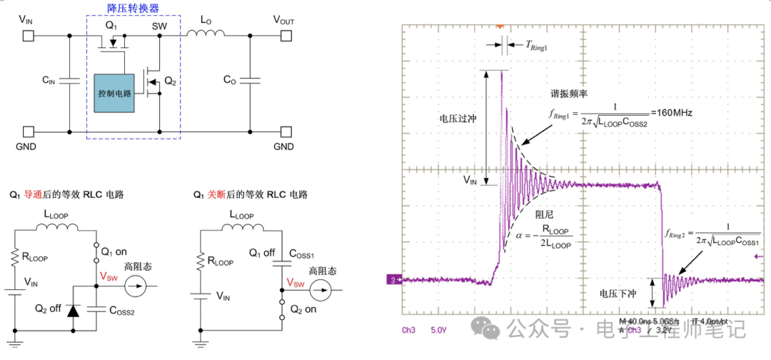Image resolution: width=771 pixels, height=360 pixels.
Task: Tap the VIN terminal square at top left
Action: (28, 34)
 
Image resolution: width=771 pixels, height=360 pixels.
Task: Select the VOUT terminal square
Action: (286, 34)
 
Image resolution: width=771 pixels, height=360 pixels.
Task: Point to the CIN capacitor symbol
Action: (70, 80)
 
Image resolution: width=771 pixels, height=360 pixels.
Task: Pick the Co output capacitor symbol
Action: (250, 80)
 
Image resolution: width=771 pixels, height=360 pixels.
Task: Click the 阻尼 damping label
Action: (544, 214)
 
